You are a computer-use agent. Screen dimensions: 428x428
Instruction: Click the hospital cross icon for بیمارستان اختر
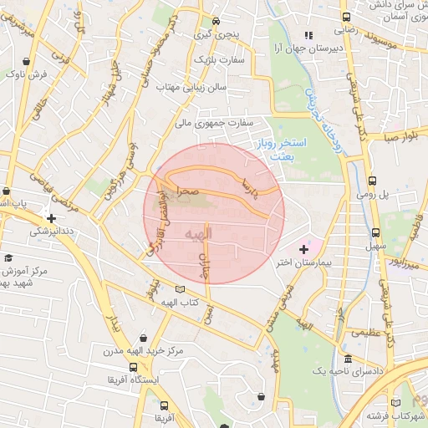click(303, 249)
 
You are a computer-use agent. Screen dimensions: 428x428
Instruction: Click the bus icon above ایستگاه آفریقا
click(134, 367)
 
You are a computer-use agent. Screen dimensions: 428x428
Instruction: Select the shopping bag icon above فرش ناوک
click(28, 61)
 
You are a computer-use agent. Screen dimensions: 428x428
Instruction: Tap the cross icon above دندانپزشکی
click(52, 218)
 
